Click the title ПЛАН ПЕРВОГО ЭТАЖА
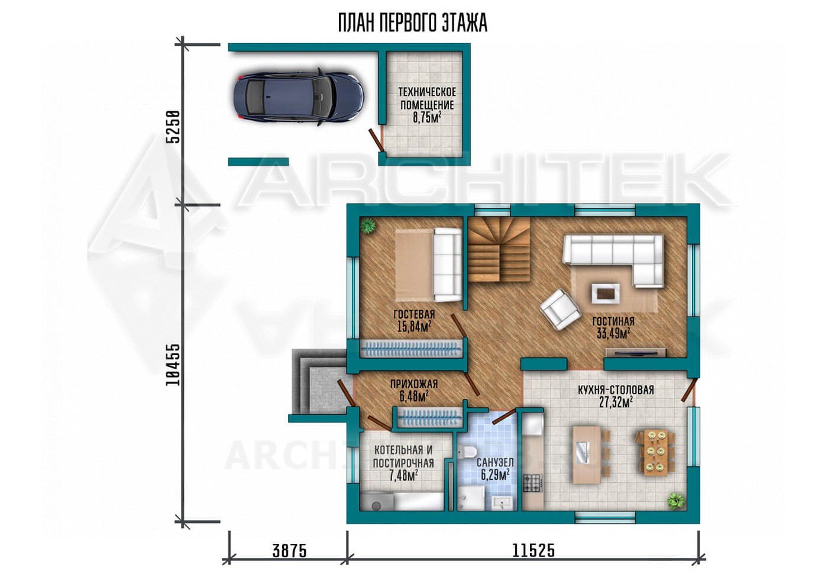pos(413,23)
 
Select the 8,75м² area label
pos(427,118)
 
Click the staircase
pos(499,249)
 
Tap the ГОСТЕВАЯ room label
pos(414,314)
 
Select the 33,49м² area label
pos(613,333)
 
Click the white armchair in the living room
pos(559,309)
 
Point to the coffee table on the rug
pos(605,294)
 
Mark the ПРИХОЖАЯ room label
pos(414,384)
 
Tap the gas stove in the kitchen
pos(533,483)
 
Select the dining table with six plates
pos(656,452)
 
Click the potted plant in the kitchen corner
pos(676,501)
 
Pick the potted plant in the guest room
pos(368,225)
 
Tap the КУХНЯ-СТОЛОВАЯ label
pos(616,390)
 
